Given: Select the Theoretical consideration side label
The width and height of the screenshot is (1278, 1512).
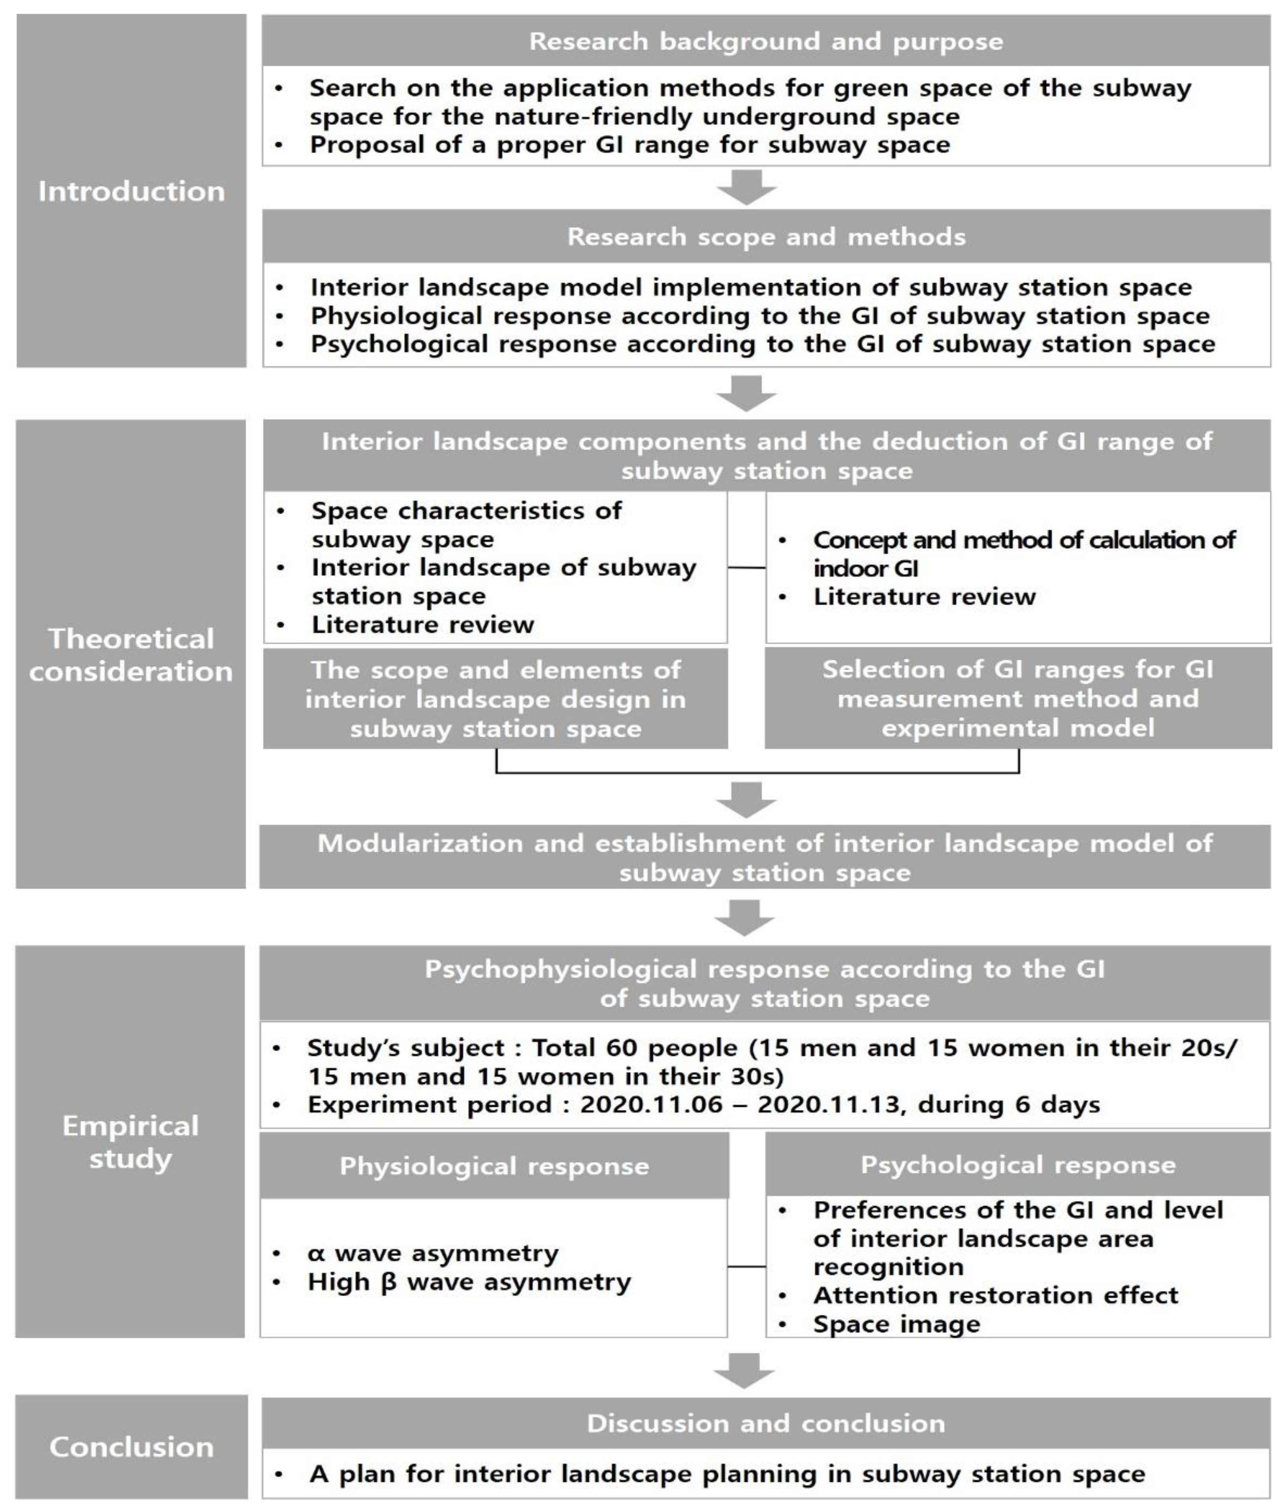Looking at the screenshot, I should tap(131, 654).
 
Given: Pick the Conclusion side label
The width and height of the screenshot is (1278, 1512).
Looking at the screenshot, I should tap(131, 1447).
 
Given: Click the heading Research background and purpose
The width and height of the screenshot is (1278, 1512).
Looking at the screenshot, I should tap(766, 41).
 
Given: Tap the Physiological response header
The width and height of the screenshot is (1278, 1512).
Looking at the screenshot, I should tap(494, 1166).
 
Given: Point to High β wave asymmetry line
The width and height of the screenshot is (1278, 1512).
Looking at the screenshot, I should tap(469, 1282).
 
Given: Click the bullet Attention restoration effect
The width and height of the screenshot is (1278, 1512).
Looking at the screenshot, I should tap(996, 1294).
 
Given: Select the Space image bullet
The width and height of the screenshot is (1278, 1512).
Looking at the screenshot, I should tap(896, 1323).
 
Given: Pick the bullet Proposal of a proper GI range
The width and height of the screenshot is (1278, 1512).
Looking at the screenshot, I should tap(630, 144).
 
